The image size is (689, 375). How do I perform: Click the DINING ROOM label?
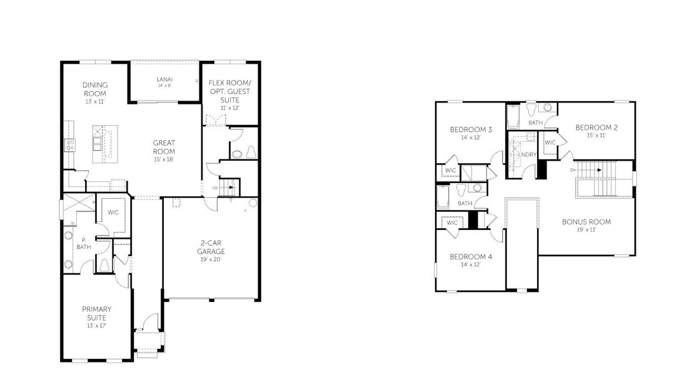point(95,89)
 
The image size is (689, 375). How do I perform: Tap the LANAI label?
point(164,79)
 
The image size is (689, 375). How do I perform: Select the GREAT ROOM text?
point(164,147)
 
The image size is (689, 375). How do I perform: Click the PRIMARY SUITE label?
point(96,312)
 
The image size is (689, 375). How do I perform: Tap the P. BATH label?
point(83,242)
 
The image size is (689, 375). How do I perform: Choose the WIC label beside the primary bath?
point(113,212)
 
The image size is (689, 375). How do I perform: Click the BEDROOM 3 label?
point(471,130)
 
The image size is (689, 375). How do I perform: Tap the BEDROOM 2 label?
point(596,127)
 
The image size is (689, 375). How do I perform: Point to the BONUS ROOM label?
point(586,222)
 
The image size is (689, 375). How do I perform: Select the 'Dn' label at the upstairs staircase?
point(573,169)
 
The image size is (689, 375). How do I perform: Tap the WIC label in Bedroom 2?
point(550,142)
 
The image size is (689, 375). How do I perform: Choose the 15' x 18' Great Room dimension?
point(164,159)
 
